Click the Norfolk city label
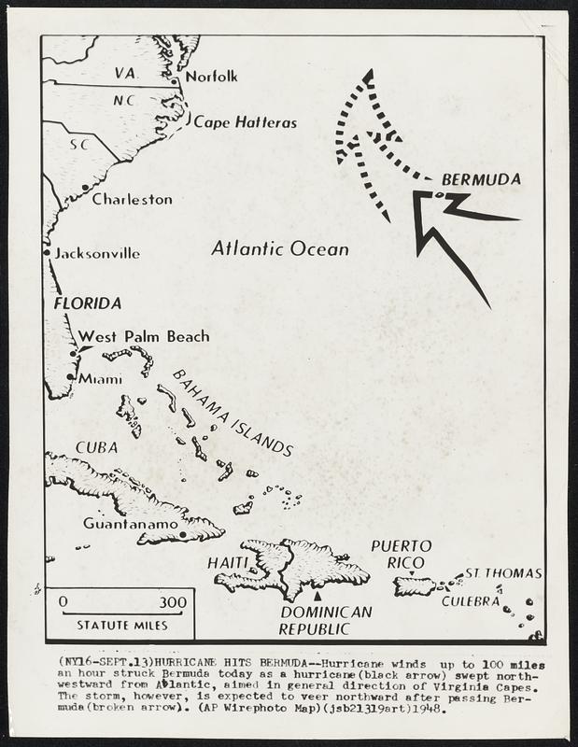point(212,76)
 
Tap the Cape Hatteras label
point(246,122)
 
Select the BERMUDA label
point(481,179)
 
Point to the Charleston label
point(132,199)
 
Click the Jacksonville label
point(97,253)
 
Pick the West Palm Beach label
point(144,336)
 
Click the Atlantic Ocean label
point(280,249)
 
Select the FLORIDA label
point(88,303)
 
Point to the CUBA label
point(96,447)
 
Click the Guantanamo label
point(131,524)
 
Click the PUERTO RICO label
point(402,554)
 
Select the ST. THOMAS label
point(503,572)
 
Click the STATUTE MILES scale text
point(122,625)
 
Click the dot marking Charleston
point(86,188)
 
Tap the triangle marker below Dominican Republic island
point(318,595)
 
